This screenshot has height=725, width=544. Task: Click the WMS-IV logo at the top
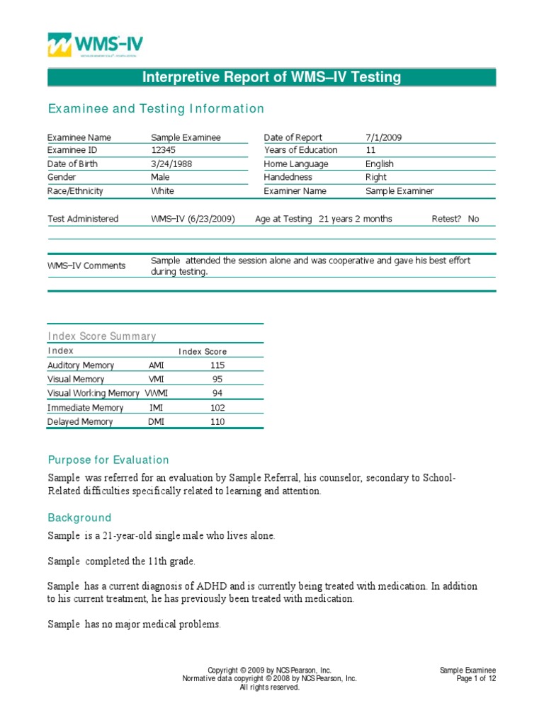[x=95, y=45]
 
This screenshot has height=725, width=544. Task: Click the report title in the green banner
[x=272, y=77]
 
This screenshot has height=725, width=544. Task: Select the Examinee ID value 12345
[x=162, y=150]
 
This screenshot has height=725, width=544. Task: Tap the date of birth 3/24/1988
[x=171, y=164]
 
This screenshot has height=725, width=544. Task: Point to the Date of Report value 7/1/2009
[x=383, y=137]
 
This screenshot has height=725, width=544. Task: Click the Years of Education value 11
[x=370, y=150]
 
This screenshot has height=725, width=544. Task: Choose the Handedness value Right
[x=375, y=177]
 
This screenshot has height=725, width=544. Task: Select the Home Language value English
[x=380, y=164]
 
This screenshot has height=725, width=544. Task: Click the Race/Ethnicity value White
[x=162, y=190]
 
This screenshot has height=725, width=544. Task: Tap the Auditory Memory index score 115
[x=217, y=365]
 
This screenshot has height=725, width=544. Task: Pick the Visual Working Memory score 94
[x=217, y=393]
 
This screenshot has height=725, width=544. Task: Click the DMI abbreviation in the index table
[x=156, y=421]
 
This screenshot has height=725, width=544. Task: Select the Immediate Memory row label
[x=85, y=408]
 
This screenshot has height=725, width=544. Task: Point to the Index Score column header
[x=203, y=351]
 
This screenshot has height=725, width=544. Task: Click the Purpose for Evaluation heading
[x=108, y=459]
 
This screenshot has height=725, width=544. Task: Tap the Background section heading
[x=79, y=518]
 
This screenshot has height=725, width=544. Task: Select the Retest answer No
[x=473, y=219]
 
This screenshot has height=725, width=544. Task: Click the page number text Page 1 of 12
[x=476, y=678]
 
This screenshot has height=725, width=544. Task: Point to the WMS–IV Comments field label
[x=86, y=266]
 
